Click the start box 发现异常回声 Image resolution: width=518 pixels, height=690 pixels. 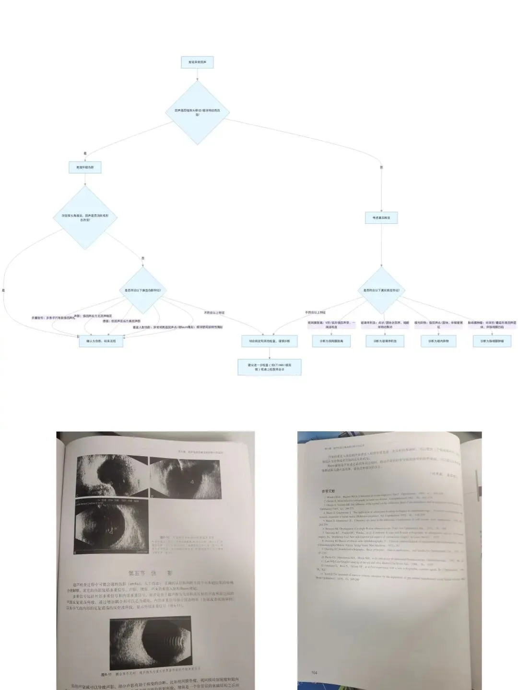197,62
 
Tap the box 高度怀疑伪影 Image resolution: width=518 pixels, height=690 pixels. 85,167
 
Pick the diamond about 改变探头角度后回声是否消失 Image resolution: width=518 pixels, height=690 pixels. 85,218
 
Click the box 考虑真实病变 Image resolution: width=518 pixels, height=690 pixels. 381,218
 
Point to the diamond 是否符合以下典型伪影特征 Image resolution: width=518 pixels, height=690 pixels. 143,290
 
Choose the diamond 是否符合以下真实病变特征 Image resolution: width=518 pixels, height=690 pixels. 381,290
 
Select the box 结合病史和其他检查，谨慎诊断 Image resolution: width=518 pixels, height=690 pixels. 270,341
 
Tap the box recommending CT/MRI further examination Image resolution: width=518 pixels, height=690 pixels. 270,367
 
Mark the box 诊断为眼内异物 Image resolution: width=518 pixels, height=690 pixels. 438,341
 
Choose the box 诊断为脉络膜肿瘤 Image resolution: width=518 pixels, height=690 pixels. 492,341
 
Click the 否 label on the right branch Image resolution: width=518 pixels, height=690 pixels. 381,167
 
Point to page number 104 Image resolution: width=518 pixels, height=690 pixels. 315,673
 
